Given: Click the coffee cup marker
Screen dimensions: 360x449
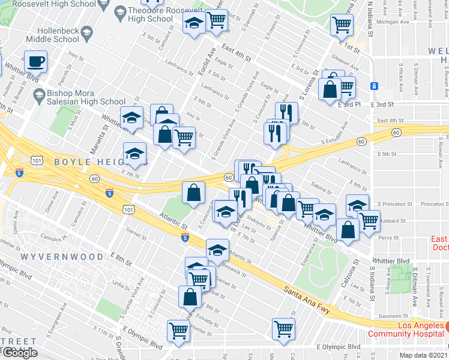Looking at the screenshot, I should (x=36, y=61).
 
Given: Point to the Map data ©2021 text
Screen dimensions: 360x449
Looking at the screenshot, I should (x=424, y=355).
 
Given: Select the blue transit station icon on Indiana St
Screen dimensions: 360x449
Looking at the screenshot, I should (x=373, y=86).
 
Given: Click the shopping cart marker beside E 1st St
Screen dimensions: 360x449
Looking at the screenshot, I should (x=342, y=25).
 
